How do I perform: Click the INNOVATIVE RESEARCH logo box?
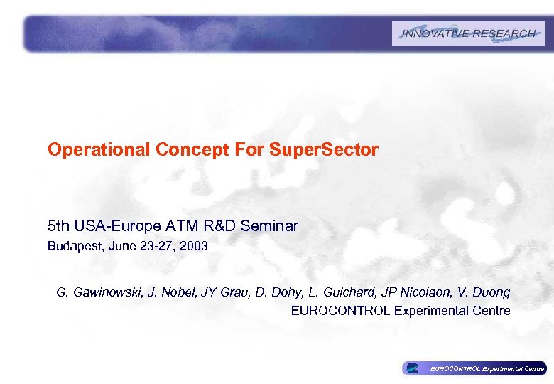(x=468, y=33)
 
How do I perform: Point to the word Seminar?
(x=270, y=226)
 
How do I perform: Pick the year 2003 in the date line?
(x=195, y=247)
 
